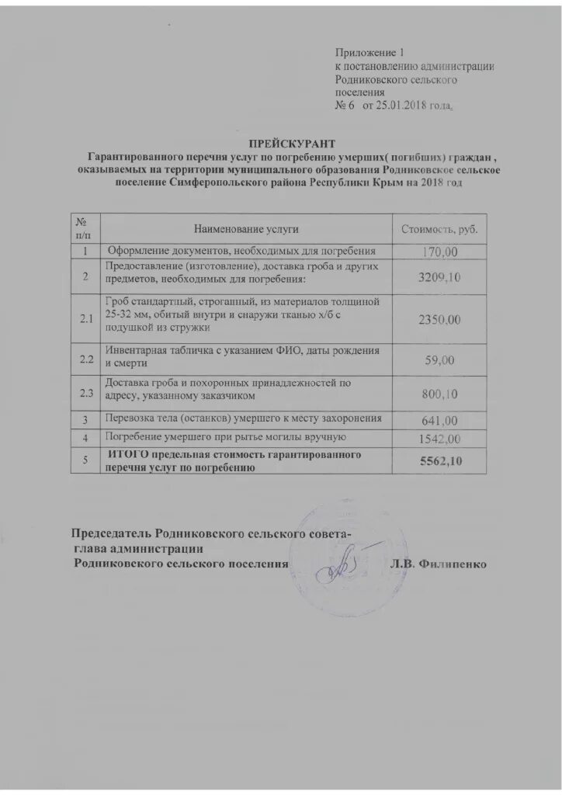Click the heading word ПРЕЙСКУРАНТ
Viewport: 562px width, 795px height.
click(x=292, y=143)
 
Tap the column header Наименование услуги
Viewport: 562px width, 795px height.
click(x=246, y=228)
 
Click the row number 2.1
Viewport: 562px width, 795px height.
click(x=86, y=319)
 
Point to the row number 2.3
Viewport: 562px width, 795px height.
click(x=86, y=395)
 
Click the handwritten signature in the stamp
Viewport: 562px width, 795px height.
click(x=333, y=571)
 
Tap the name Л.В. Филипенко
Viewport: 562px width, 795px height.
click(x=438, y=564)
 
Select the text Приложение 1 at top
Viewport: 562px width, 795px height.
click(x=370, y=53)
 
